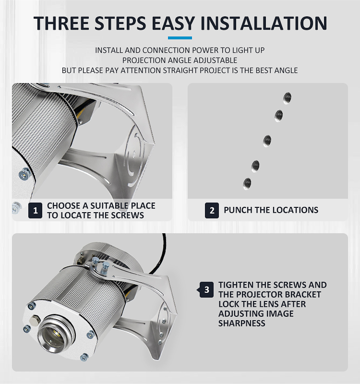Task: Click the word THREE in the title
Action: pyautogui.click(x=61, y=23)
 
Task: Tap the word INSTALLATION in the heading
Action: pyautogui.click(x=264, y=23)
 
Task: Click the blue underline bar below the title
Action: pyautogui.click(x=180, y=38)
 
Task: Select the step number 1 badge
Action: pyautogui.click(x=35, y=210)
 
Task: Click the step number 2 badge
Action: pyautogui.click(x=212, y=210)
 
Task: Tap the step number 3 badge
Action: pyautogui.click(x=206, y=290)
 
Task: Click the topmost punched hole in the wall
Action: pyautogui.click(x=287, y=98)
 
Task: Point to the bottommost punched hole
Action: pyautogui.click(x=247, y=184)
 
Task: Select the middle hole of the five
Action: pyautogui.click(x=267, y=141)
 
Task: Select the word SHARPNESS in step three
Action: pyautogui.click(x=242, y=323)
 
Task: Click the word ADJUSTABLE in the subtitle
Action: pyautogui.click(x=215, y=60)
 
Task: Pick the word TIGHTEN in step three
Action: pyautogui.click(x=236, y=285)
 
